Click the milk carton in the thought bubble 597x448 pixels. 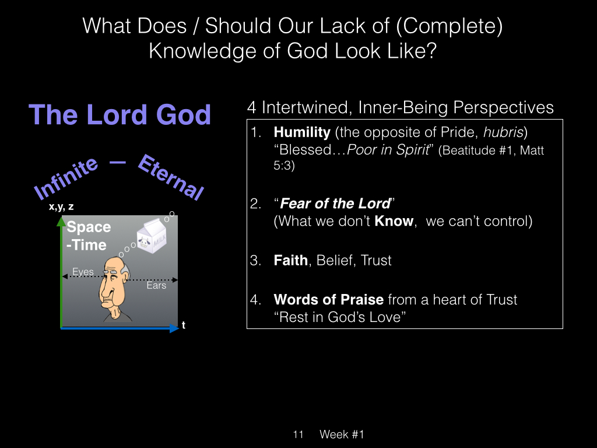point(152,236)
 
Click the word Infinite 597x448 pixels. point(65,177)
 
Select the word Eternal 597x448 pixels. point(171,177)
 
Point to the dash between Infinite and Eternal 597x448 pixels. point(118,163)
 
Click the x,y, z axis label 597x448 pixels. point(61,207)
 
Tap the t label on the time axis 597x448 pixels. point(184,325)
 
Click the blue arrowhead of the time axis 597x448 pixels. point(174,328)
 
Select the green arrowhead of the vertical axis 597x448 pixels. point(61,221)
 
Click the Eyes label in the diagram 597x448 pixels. point(83,272)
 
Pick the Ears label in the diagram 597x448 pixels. point(156,285)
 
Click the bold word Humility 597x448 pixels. point(302,132)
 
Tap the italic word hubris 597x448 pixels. point(503,132)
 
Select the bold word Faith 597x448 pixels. point(290,260)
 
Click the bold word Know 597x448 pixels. point(394,221)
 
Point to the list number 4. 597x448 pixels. point(255,300)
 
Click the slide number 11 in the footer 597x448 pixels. point(298,434)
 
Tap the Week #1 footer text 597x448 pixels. point(342,434)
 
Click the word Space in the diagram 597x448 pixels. point(89,227)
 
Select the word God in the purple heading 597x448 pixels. point(184,115)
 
